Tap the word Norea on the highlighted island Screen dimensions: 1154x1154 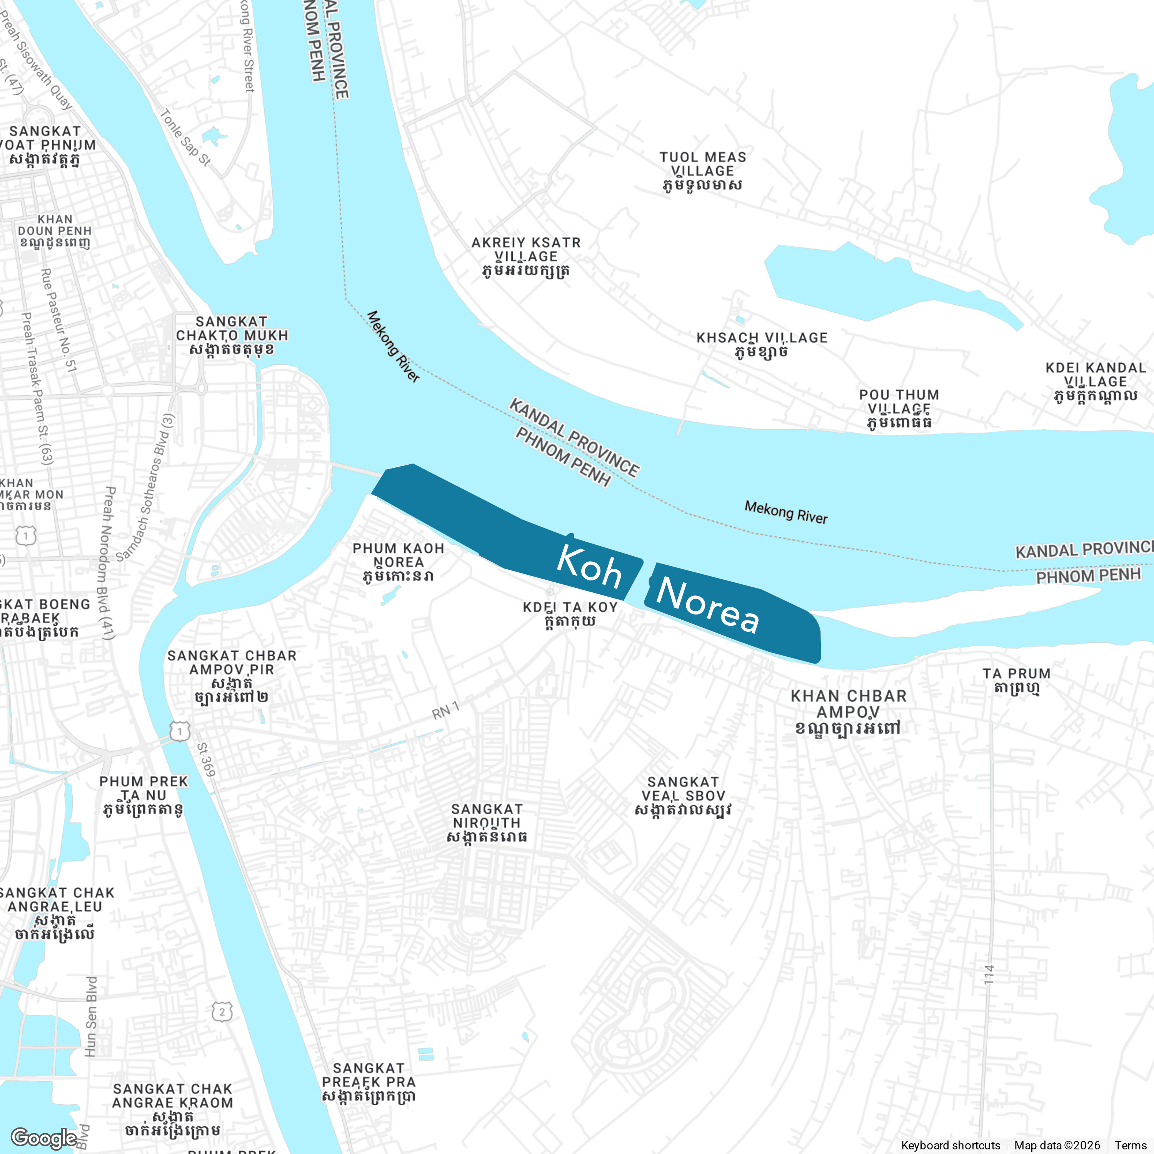pyautogui.click(x=707, y=605)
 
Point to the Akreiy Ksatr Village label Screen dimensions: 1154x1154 pyautogui.click(x=525, y=256)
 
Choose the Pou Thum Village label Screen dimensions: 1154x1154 pyautogui.click(x=899, y=409)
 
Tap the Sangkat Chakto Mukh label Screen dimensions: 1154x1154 pyautogui.click(x=232, y=335)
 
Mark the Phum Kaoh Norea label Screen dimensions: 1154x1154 pyautogui.click(x=399, y=562)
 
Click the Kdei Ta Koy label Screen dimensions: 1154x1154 pyautogui.click(x=570, y=614)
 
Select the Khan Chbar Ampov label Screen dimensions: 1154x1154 pyautogui.click(x=848, y=711)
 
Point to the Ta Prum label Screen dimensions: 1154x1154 pyautogui.click(x=1017, y=680)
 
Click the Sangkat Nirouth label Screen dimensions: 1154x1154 pyautogui.click(x=487, y=822)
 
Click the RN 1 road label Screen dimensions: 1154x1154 pyautogui.click(x=445, y=711)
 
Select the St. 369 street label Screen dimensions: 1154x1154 pyautogui.click(x=206, y=759)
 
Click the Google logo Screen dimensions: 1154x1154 pyautogui.click(x=43, y=1137)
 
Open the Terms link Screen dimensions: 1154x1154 pyautogui.click(x=1130, y=1145)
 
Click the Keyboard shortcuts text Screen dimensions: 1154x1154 pyautogui.click(x=950, y=1145)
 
